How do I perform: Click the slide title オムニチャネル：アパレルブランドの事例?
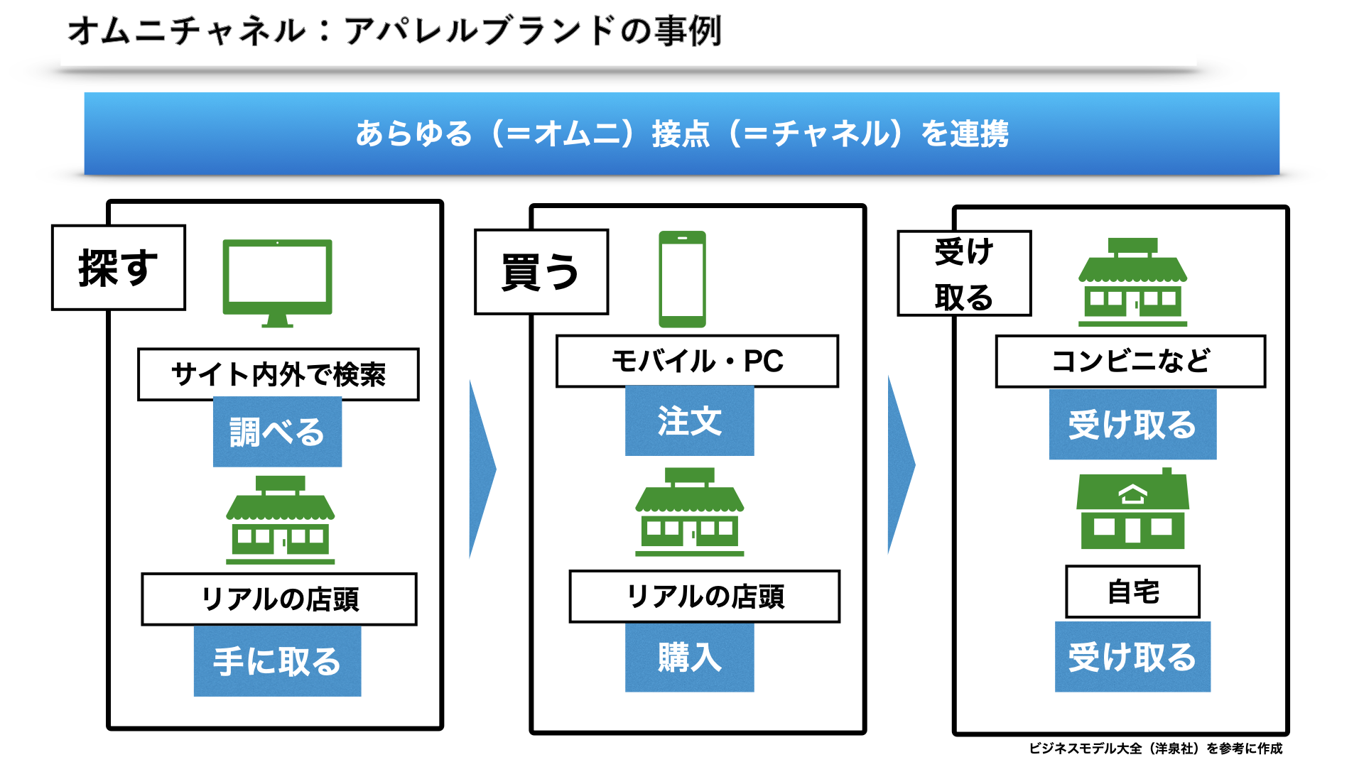point(394,31)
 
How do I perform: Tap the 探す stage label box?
point(119,268)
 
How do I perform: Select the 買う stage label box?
point(541,272)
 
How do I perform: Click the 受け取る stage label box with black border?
point(964,273)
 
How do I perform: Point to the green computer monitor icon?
point(277,283)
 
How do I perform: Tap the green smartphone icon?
point(682,279)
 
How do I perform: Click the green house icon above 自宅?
point(1132,508)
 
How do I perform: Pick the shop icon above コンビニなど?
point(1132,282)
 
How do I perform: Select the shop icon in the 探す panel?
point(280,520)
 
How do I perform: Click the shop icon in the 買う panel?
point(689,512)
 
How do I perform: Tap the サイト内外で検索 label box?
point(278,374)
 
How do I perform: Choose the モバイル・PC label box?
point(697,361)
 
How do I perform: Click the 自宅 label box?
point(1132,592)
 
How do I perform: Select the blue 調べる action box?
point(277,432)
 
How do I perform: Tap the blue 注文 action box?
point(689,421)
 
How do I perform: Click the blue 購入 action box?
point(689,657)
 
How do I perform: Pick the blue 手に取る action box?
point(277,660)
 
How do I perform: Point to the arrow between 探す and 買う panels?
point(482,469)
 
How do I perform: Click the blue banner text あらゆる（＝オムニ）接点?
point(532,134)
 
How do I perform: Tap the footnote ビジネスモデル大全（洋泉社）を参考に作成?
point(1155,749)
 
